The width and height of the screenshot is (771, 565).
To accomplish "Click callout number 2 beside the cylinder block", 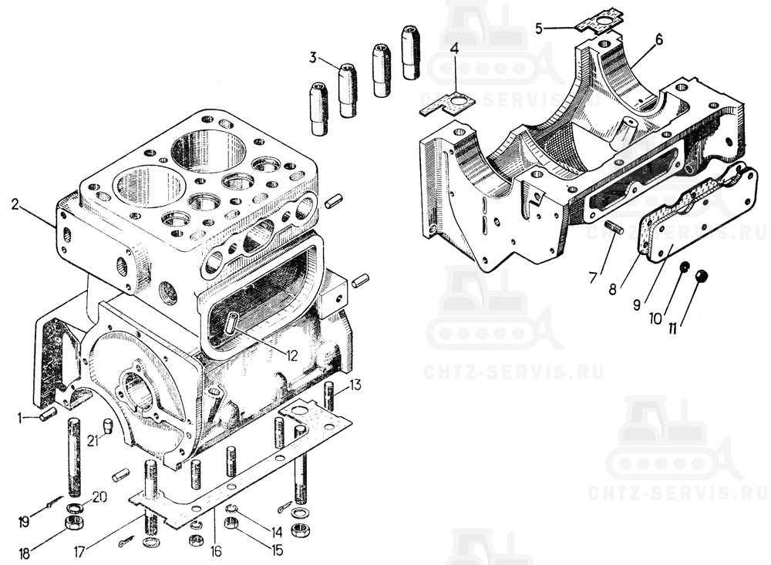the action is (16, 205).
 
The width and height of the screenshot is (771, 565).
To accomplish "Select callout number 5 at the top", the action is (540, 28).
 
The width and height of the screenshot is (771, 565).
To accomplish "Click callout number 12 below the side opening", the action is (292, 355).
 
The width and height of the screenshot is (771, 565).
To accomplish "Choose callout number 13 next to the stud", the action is (355, 385).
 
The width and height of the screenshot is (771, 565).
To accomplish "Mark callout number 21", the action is (93, 441).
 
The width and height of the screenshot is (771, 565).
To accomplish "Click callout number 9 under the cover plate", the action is (636, 305).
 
